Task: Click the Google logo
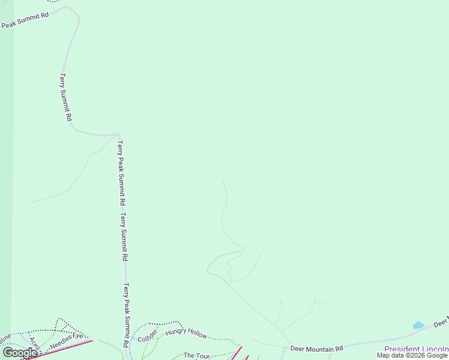[20, 353]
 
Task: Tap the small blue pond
[418, 325]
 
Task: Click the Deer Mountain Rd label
[316, 348]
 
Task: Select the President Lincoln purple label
[416, 349]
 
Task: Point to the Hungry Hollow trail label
[186, 334]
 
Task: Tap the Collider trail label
[148, 336]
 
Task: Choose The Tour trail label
[196, 356]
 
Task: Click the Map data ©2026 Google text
[412, 355]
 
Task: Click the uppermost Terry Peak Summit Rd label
[121, 174]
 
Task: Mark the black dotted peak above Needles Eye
[58, 320]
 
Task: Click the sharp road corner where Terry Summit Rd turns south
[119, 135]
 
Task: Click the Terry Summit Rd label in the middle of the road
[124, 237]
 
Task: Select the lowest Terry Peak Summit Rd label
[127, 315]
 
